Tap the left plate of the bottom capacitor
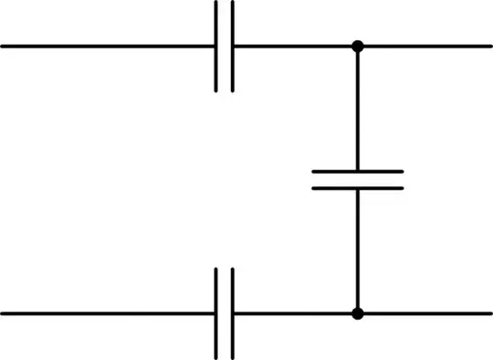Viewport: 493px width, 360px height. click(217, 313)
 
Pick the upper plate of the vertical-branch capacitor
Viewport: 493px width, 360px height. click(357, 171)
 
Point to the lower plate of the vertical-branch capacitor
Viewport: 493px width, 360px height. click(357, 188)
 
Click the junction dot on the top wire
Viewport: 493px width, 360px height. click(357, 46)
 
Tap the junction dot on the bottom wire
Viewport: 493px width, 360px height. click(357, 313)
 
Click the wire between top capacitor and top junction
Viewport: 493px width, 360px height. click(292, 46)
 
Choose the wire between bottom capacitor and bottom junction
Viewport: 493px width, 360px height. click(292, 313)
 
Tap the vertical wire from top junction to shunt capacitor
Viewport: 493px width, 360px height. click(357, 108)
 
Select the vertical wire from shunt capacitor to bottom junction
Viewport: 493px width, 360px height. click(357, 251)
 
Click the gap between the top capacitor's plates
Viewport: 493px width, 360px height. click(225, 46)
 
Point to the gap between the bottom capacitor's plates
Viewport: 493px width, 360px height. click(225, 313)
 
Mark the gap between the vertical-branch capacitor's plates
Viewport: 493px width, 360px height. click(357, 180)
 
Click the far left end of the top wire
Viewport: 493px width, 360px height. click(4, 46)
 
